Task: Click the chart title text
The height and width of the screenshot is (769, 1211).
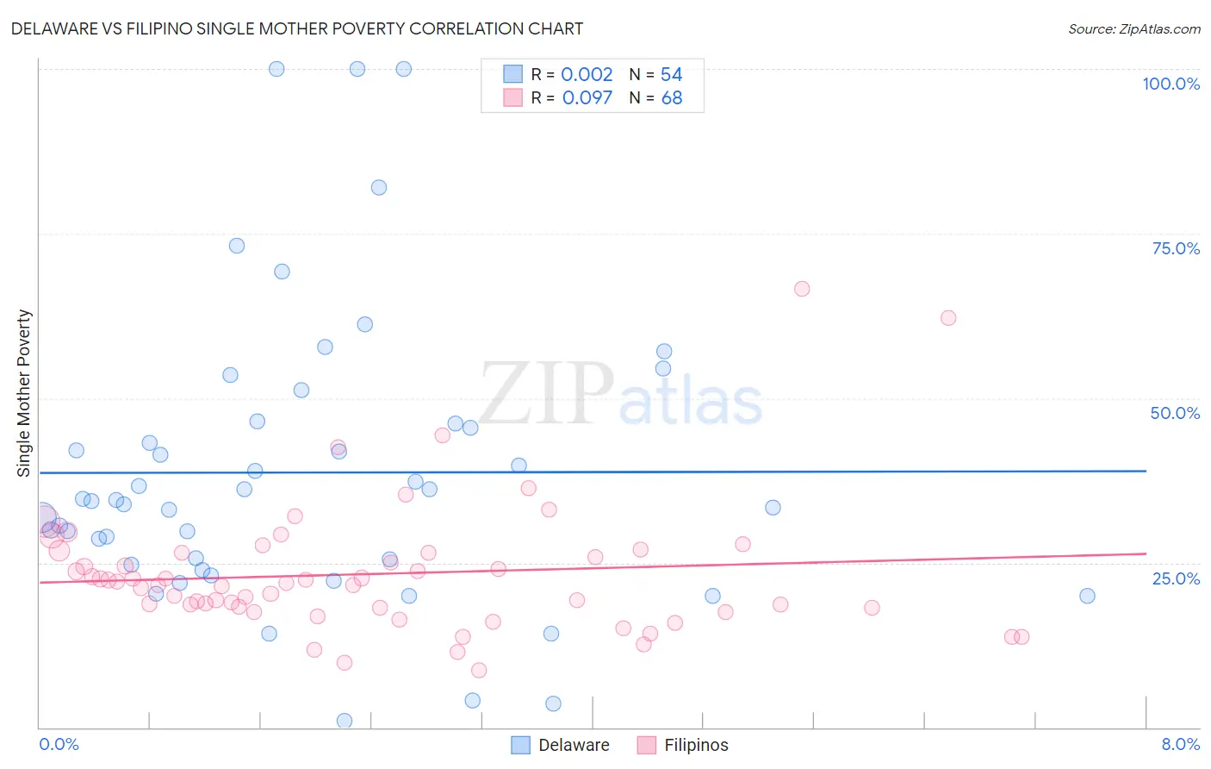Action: [x=297, y=28]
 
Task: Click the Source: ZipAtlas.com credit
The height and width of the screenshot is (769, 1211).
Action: [x=1133, y=28]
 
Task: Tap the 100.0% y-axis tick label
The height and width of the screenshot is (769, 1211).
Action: [x=1171, y=84]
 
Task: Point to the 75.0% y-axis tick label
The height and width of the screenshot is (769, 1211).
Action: [x=1176, y=248]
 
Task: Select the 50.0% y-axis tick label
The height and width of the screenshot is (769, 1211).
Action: [x=1175, y=413]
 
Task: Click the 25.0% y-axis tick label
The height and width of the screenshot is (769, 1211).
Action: [x=1176, y=578]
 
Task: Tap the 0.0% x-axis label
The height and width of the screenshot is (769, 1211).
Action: [x=59, y=744]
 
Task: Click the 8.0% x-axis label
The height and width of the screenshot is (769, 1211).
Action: [x=1180, y=744]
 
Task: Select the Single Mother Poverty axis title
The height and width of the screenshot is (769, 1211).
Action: [x=24, y=393]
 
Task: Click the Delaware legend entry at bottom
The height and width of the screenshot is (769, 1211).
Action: [x=561, y=745]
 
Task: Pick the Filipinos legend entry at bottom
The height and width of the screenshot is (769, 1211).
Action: [x=683, y=745]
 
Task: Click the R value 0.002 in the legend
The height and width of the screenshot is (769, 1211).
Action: [x=587, y=75]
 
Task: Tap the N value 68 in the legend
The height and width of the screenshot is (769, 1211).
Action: [x=672, y=98]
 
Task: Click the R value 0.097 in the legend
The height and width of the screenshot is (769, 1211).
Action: [x=587, y=98]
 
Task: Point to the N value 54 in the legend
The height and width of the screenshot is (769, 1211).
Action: [x=672, y=75]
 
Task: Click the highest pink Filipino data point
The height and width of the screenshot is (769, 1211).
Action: [x=802, y=289]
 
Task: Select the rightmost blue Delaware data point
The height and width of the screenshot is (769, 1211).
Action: [x=1087, y=596]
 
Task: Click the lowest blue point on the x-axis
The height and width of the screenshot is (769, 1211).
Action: [x=345, y=721]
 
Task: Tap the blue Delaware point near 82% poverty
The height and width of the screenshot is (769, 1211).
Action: [x=379, y=187]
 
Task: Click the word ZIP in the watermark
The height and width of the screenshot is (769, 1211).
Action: [x=546, y=395]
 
